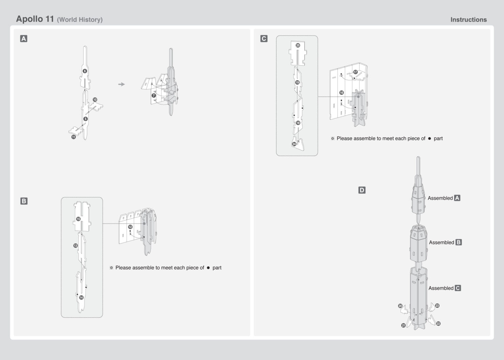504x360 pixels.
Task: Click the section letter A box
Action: pyautogui.click(x=23, y=39)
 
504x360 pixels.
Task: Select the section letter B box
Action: pyautogui.click(x=24, y=201)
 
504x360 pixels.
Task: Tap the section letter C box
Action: pyautogui.click(x=264, y=38)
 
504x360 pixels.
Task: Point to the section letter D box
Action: pyautogui.click(x=362, y=190)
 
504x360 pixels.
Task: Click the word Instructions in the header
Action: pyautogui.click(x=468, y=20)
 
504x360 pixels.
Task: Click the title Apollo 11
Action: pyautogui.click(x=35, y=19)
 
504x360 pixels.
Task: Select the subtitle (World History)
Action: pyautogui.click(x=80, y=20)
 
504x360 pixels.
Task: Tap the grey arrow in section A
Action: pyautogui.click(x=122, y=84)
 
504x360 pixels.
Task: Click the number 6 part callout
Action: pyautogui.click(x=85, y=71)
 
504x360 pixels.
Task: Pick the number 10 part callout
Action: pyautogui.click(x=95, y=100)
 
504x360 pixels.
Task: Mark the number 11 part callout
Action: pyautogui.click(x=74, y=137)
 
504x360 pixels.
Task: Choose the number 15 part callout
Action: pyautogui.click(x=78, y=219)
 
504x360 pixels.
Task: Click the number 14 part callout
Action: pyautogui.click(x=81, y=297)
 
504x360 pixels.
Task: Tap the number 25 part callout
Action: pyautogui.click(x=298, y=45)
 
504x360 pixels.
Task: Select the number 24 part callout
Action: pyautogui.click(x=294, y=144)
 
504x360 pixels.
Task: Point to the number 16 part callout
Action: pyautogui.click(x=341, y=93)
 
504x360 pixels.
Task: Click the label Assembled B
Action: pyautogui.click(x=445, y=242)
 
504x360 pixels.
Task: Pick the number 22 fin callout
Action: pyautogui.click(x=438, y=324)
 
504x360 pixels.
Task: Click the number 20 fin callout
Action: pyautogui.click(x=400, y=306)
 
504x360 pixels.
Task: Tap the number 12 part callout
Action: pyautogui.click(x=130, y=227)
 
